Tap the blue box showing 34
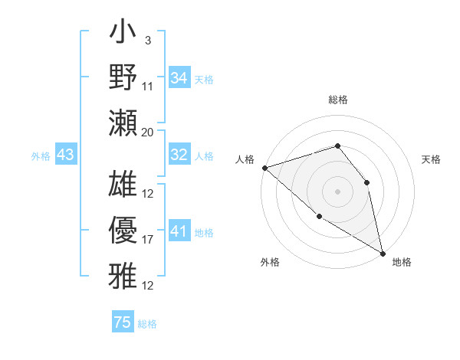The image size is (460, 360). click(x=179, y=78)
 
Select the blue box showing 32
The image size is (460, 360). click(x=179, y=155)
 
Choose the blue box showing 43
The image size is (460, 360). click(x=66, y=155)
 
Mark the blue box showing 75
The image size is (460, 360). click(x=123, y=322)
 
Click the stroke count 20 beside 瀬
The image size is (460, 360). click(x=148, y=132)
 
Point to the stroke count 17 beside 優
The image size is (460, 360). click(x=148, y=240)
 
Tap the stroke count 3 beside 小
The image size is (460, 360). click(x=147, y=41)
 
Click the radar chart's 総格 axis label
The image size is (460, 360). click(x=337, y=100)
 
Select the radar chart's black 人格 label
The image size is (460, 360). click(x=245, y=159)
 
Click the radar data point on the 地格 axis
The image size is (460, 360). click(x=383, y=252)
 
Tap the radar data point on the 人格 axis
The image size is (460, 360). click(x=264, y=168)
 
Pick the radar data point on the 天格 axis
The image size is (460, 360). click(x=366, y=182)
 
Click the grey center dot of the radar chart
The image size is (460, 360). click(x=337, y=191)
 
